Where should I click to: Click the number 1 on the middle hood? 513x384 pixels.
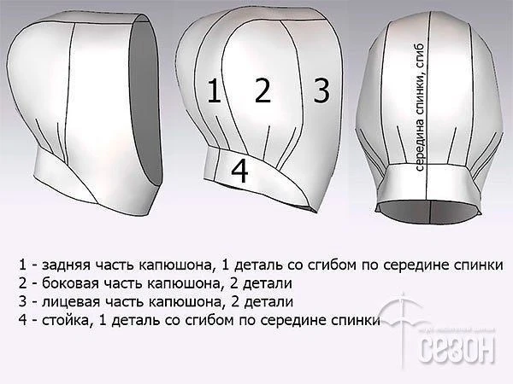214,91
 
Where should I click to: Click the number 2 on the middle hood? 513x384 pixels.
262,90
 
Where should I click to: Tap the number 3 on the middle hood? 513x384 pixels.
321,90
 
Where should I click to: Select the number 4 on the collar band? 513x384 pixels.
239,171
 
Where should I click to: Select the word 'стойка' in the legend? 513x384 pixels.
66,320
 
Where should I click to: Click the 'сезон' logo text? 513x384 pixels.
457,349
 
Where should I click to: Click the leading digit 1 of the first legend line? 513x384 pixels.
22,265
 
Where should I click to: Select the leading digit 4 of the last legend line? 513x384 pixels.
22,320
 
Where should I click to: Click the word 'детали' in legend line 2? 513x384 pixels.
268,283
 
